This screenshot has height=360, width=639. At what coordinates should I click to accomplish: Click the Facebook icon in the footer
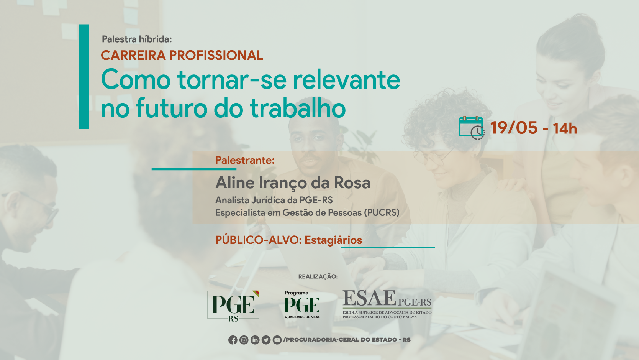coord(233,340)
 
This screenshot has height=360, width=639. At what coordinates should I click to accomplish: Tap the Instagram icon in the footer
coord(244,340)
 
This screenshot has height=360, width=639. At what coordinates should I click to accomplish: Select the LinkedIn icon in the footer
coord(255,340)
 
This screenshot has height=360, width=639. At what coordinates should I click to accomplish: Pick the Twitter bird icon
coord(266,340)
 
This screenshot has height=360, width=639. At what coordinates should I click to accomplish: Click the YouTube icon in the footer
coord(277,340)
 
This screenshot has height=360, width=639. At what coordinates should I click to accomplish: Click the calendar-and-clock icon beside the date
coord(472,128)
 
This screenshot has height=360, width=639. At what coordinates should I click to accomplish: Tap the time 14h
coord(565,128)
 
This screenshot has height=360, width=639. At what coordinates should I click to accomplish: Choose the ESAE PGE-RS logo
coord(387,304)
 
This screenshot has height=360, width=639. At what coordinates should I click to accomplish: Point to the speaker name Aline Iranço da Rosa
coord(293,183)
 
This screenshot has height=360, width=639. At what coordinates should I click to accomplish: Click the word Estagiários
coord(333,240)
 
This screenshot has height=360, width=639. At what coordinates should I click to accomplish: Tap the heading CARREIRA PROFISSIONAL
coord(182,55)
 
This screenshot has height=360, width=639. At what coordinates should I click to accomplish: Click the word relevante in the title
coord(347,80)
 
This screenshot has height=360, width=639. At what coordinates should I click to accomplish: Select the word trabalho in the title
coord(298,108)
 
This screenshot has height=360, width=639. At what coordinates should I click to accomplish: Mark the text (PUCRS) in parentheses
coord(382,213)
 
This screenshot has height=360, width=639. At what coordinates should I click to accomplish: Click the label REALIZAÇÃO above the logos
coord(318,276)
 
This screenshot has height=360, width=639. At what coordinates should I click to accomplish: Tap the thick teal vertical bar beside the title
coord(84,77)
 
